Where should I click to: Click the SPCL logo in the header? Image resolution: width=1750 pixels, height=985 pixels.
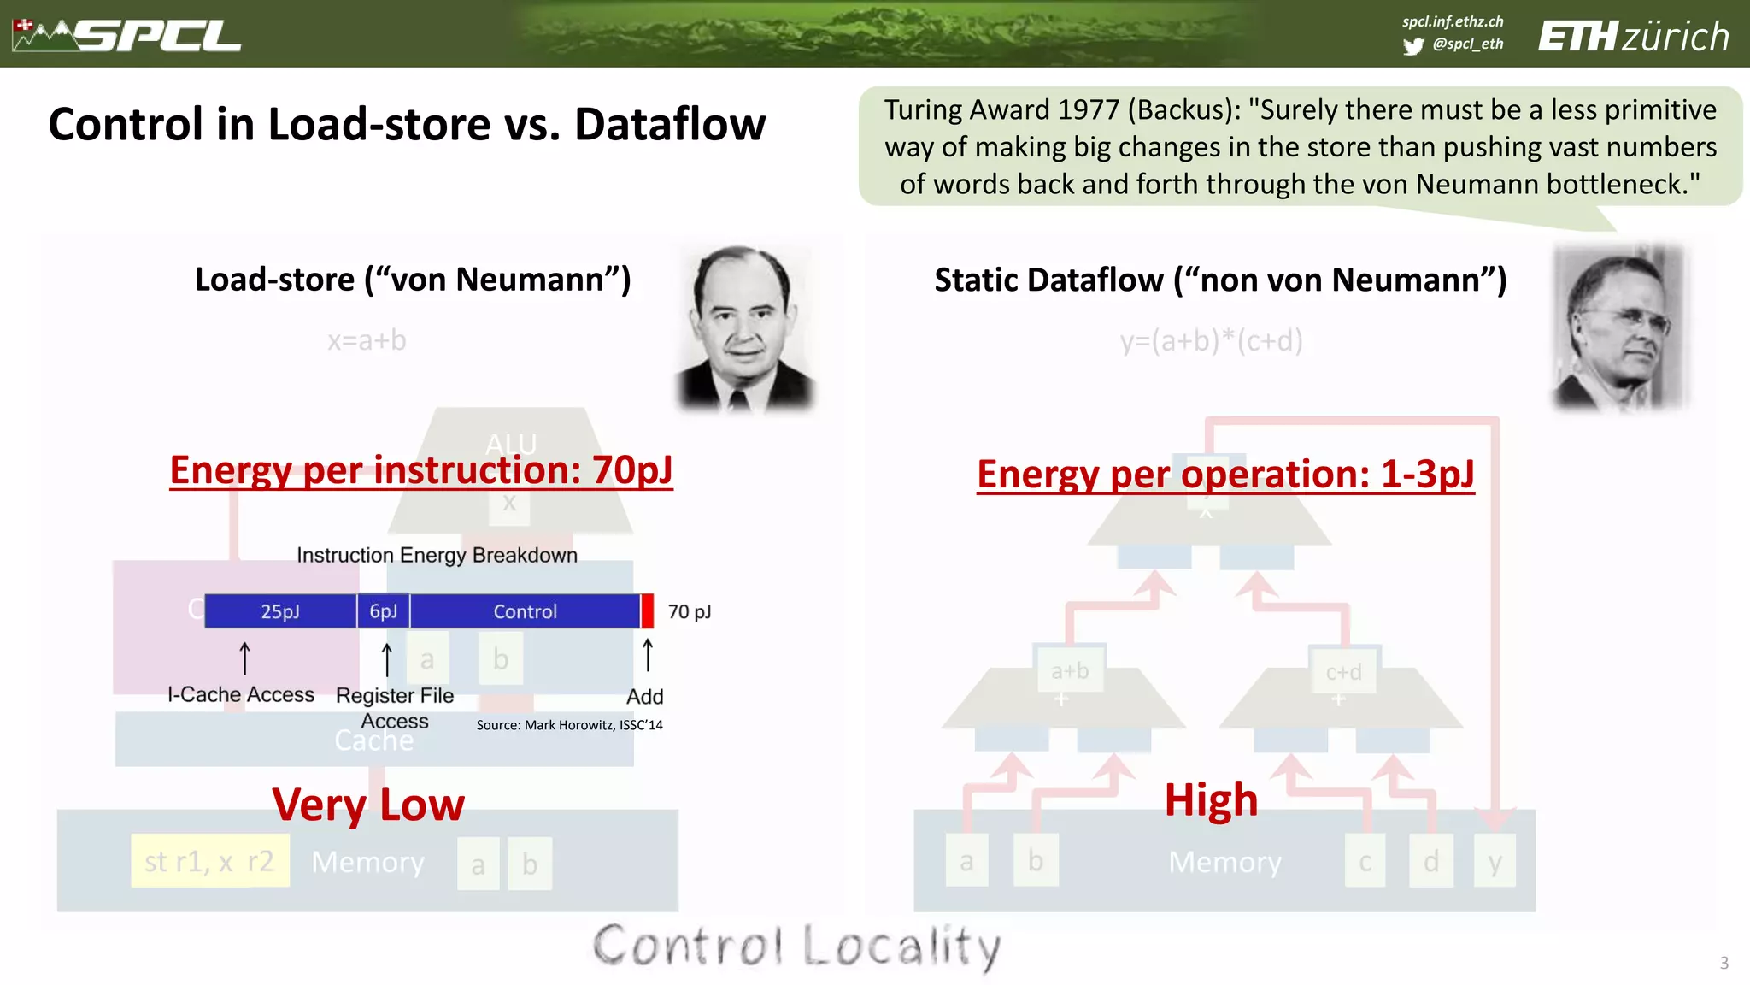pyautogui.click(x=128, y=35)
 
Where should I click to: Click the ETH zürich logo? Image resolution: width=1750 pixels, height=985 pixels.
pyautogui.click(x=1633, y=37)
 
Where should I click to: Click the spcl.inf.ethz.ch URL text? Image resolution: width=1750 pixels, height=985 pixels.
pyautogui.click(x=1452, y=21)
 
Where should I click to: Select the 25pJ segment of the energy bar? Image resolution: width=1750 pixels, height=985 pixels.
pyautogui.click(x=280, y=611)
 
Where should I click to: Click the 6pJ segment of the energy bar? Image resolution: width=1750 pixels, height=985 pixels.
pyautogui.click(x=384, y=611)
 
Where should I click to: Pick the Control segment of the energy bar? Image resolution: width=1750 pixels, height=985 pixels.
pyautogui.click(x=525, y=611)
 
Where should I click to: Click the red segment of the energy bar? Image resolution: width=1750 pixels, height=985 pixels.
pyautogui.click(x=648, y=611)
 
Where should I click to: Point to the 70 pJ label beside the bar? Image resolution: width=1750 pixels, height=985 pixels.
pyautogui.click(x=689, y=611)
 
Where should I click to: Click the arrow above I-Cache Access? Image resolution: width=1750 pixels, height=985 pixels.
pyautogui.click(x=244, y=658)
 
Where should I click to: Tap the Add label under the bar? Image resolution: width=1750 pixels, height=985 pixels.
pyautogui.click(x=644, y=696)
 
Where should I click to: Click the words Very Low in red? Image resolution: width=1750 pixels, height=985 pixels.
pyautogui.click(x=368, y=805)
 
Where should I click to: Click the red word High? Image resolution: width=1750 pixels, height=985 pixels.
pyautogui.click(x=1211, y=800)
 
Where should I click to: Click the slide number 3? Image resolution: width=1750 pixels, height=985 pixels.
pyautogui.click(x=1724, y=963)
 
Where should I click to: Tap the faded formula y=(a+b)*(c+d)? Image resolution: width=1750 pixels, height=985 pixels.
pyautogui.click(x=1211, y=340)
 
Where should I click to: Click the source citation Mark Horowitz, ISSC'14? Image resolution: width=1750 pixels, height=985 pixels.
pyautogui.click(x=569, y=725)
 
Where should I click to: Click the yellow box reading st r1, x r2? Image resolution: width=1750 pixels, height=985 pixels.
pyautogui.click(x=209, y=861)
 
